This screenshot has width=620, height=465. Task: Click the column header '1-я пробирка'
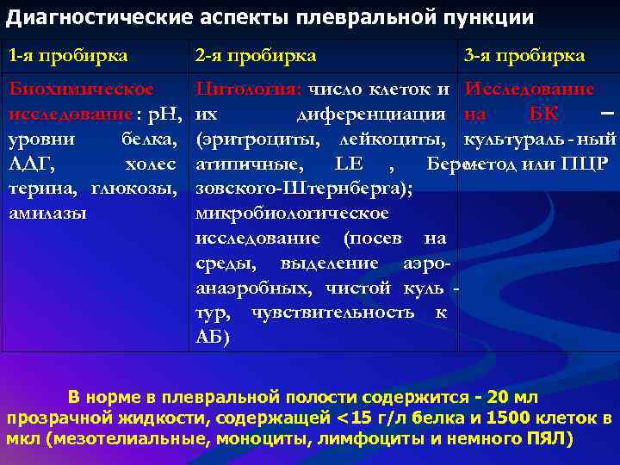click(x=68, y=56)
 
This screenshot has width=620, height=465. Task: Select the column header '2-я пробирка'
click(x=255, y=56)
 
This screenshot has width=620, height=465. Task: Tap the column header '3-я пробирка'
click(x=524, y=56)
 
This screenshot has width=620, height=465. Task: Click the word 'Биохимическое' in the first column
click(x=81, y=90)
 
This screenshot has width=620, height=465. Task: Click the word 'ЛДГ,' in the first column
click(x=28, y=164)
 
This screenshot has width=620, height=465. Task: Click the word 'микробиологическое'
click(x=292, y=213)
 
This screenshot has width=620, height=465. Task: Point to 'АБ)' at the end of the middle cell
click(x=213, y=337)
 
